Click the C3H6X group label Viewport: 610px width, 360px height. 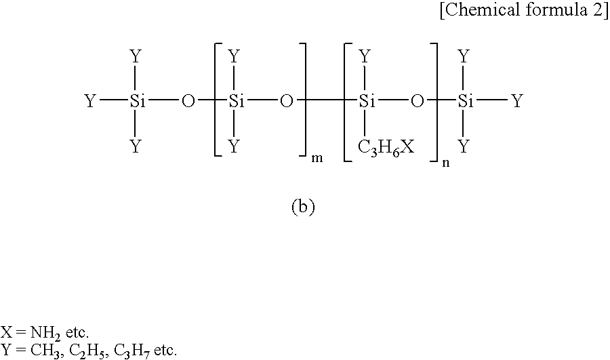(386, 148)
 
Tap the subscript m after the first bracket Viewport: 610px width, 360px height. (317, 159)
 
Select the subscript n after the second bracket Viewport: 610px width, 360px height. (446, 163)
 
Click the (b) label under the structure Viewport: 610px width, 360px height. (303, 207)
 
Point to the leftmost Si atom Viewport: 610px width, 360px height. (138, 102)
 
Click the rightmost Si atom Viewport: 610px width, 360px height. (466, 102)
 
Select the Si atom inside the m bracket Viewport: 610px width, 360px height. (237, 102)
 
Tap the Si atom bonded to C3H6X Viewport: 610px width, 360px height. (367, 102)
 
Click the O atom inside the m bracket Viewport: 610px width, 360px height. (286, 102)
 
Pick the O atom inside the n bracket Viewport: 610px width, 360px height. (417, 102)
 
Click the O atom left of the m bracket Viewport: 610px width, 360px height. (188, 102)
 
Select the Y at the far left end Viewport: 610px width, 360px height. (90, 102)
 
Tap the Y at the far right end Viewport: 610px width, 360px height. (516, 102)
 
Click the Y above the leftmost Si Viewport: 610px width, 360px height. (135, 57)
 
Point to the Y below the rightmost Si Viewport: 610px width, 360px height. (464, 147)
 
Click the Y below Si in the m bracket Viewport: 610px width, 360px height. (233, 147)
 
